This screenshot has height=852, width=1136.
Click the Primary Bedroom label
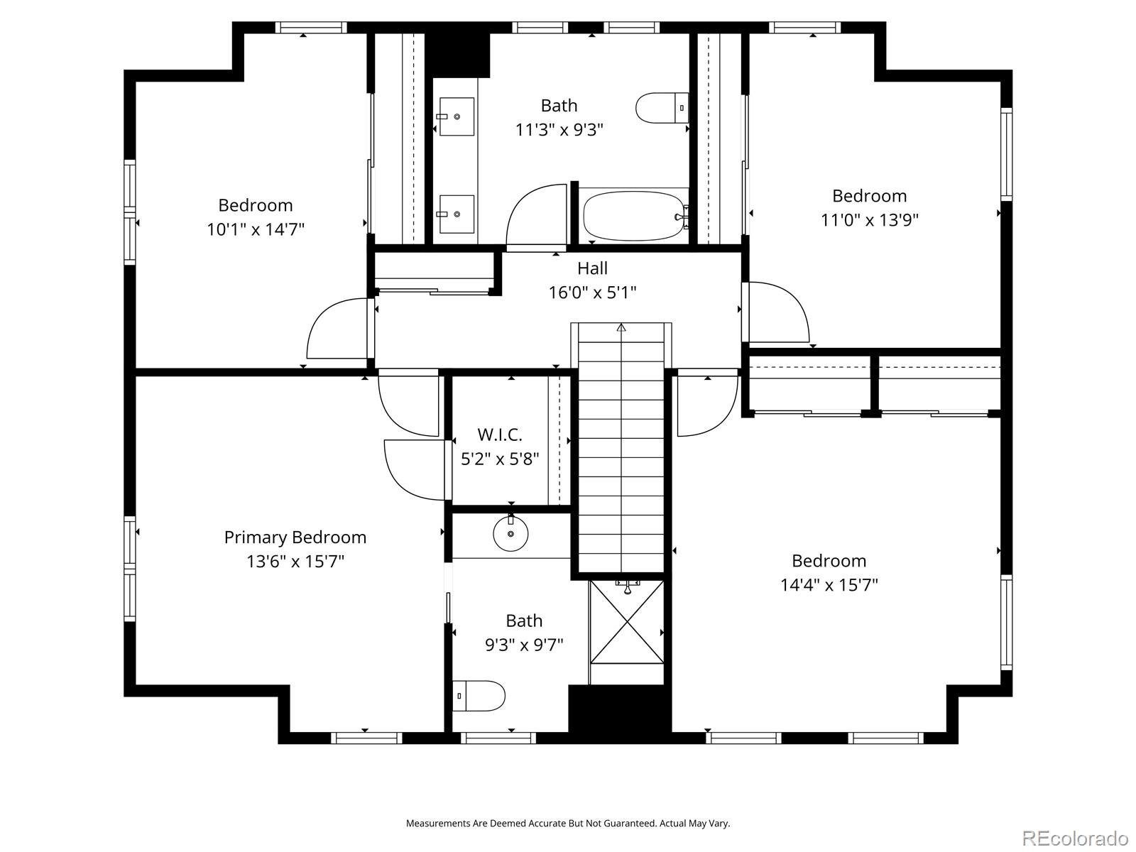coord(295,537)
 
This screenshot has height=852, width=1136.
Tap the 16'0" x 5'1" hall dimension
coord(592,293)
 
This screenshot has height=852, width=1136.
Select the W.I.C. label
coord(500,435)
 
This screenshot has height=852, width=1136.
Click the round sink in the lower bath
coord(510,535)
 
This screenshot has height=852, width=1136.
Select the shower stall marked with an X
coord(628,622)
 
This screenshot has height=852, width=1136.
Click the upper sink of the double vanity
coord(457,116)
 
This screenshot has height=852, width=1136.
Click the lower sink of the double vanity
coord(457,213)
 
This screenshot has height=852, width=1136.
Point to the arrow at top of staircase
coord(621,327)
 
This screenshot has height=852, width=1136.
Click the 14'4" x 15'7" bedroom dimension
coord(829,585)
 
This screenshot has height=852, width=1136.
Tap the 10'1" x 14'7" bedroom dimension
coord(256,229)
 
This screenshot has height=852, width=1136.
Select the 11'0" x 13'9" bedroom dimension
coord(869,220)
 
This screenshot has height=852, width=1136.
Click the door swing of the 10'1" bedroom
coord(334,330)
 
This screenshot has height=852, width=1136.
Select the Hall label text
coord(592,268)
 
